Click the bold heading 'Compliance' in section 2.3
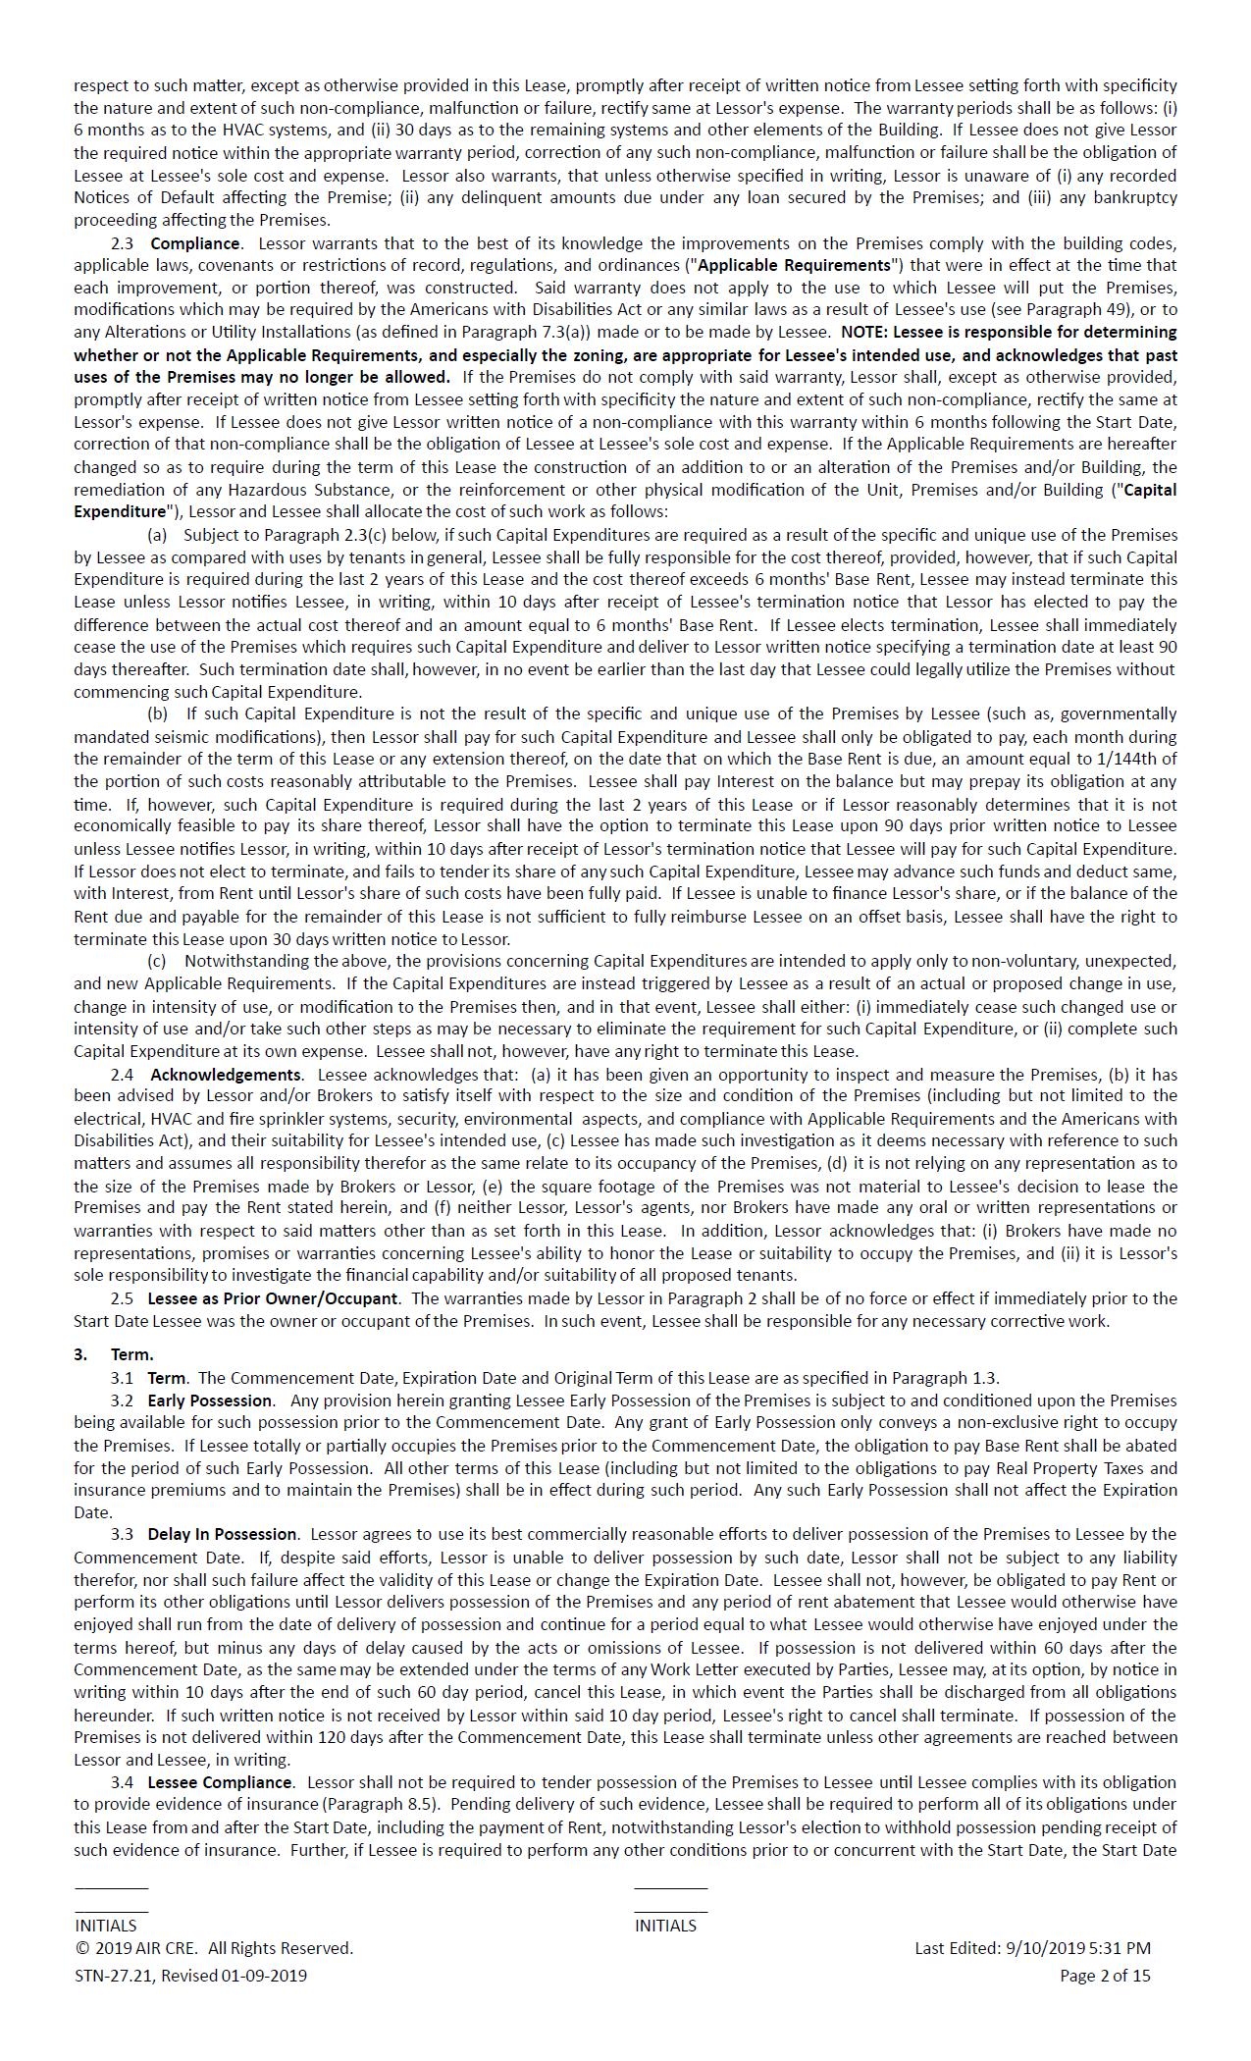click(194, 243)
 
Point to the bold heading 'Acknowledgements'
click(226, 1075)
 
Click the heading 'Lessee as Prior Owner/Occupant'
click(273, 1298)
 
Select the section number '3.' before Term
click(80, 1354)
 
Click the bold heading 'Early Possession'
click(210, 1400)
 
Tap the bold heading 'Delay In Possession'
click(222, 1534)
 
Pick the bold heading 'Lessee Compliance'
click(220, 1782)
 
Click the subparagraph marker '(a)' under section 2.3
click(157, 535)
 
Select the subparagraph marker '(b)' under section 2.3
click(157, 714)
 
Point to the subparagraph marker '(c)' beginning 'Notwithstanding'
click(157, 961)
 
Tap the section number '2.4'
click(123, 1075)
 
